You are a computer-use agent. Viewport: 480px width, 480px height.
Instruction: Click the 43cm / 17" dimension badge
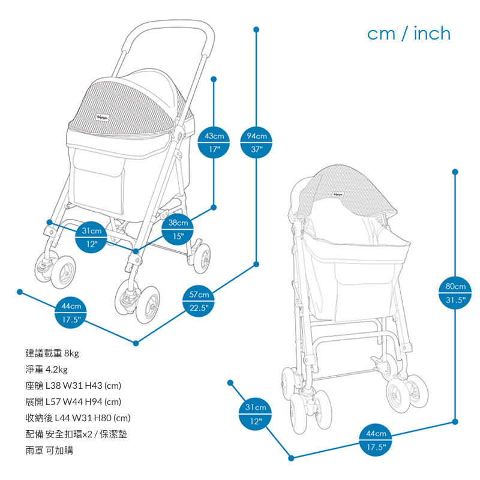(214, 142)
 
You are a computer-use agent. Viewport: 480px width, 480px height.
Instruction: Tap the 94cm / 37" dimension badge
(257, 142)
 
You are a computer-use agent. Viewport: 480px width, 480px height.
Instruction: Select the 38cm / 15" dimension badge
(179, 229)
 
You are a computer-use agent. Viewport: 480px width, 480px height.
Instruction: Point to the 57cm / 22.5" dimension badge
(199, 301)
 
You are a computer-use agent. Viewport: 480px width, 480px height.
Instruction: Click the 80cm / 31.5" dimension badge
(455, 293)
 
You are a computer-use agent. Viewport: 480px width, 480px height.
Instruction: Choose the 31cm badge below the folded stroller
(256, 415)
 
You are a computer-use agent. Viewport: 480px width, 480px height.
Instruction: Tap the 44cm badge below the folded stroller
(376, 440)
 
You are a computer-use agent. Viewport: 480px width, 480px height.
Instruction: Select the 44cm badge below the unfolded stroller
(71, 313)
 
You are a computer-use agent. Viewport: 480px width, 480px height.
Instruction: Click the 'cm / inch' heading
(409, 34)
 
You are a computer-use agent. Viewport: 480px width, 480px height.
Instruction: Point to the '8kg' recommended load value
(71, 353)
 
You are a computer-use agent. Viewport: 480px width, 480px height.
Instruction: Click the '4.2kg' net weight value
(56, 370)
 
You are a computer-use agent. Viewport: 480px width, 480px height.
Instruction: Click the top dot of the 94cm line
(257, 29)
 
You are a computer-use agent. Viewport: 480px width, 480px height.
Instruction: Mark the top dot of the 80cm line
(455, 172)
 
